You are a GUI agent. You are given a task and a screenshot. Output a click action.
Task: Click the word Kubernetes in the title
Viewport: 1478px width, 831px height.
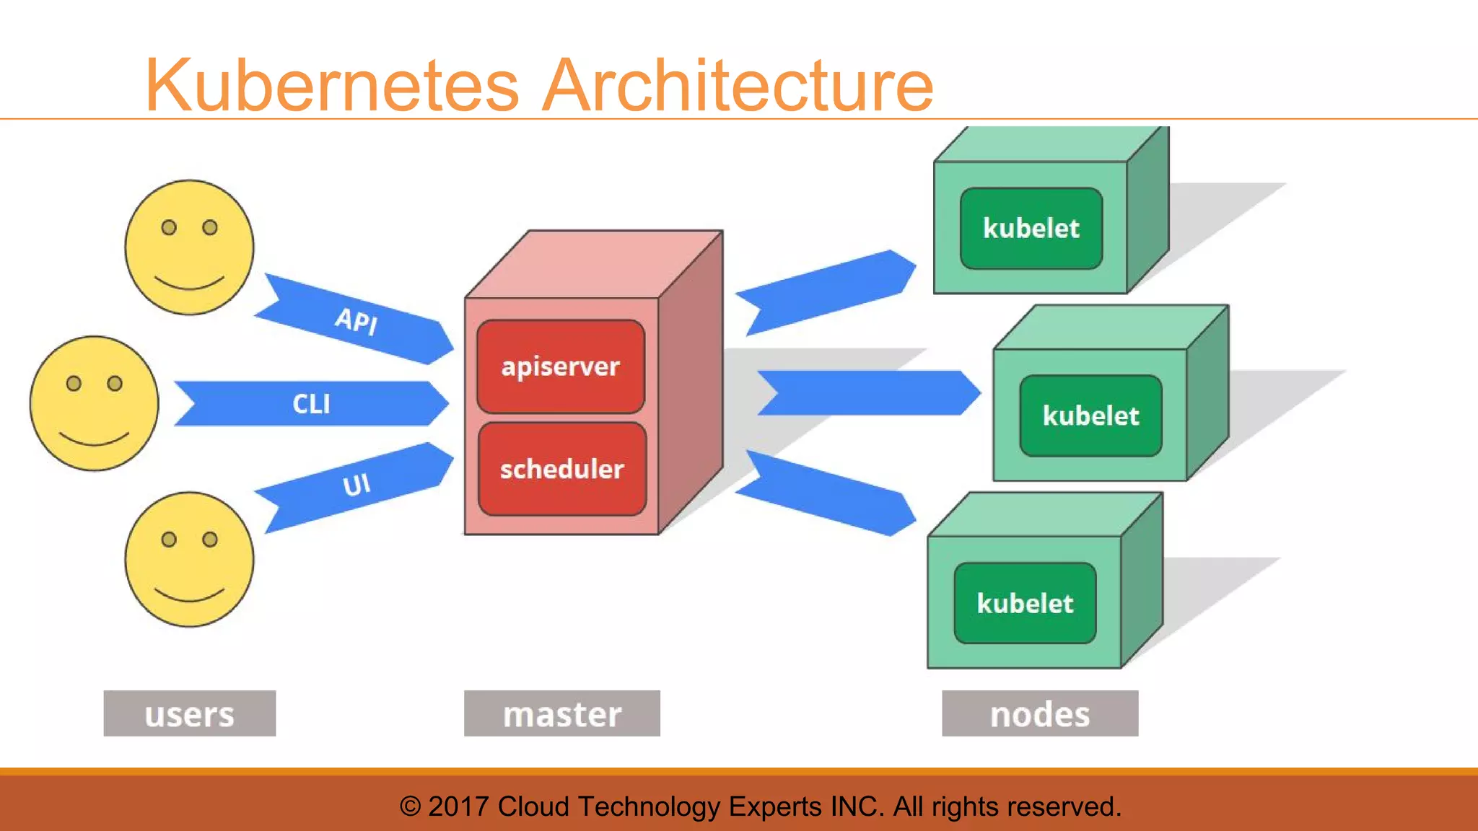(x=332, y=87)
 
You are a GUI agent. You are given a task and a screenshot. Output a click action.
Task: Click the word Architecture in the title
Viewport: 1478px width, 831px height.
(x=738, y=87)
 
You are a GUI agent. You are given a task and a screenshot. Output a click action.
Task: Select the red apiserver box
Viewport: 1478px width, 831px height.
(x=561, y=366)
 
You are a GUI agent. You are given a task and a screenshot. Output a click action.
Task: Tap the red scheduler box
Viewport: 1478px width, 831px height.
(x=562, y=469)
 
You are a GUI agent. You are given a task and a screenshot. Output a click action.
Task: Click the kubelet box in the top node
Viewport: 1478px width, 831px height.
(x=1031, y=229)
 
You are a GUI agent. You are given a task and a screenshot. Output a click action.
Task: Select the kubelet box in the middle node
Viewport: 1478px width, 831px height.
(x=1090, y=415)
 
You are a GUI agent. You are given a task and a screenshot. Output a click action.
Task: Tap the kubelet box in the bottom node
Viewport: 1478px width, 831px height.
(x=1025, y=603)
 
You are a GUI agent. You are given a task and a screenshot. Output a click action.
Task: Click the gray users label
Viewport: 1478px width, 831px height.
(x=189, y=713)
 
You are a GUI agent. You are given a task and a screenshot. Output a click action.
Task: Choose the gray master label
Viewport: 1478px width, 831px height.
(x=561, y=713)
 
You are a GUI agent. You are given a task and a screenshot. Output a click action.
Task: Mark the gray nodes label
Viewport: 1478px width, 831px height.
(x=1040, y=713)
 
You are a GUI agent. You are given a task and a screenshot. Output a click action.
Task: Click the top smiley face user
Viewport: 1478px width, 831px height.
(x=189, y=247)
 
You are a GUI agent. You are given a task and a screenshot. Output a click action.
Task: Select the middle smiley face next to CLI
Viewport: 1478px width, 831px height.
(x=94, y=403)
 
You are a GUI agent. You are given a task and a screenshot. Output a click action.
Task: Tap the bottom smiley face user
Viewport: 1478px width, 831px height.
(x=189, y=559)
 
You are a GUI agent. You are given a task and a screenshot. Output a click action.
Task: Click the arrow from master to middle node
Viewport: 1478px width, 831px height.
(x=866, y=393)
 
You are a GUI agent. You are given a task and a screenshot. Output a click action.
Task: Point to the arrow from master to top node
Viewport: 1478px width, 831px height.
(x=826, y=292)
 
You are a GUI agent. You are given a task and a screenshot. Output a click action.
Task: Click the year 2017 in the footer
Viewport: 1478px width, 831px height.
(x=458, y=806)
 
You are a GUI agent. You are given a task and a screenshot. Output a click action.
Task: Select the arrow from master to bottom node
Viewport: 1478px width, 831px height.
(x=826, y=494)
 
